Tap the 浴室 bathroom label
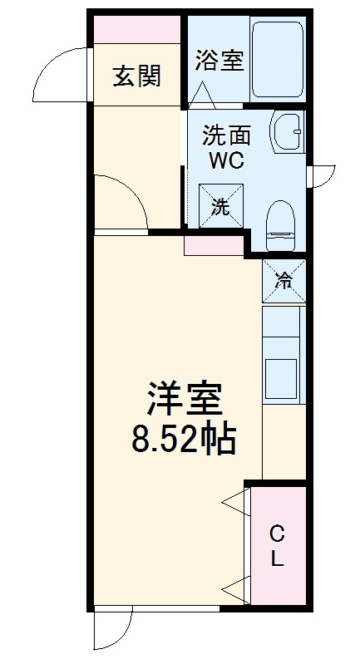click(x=219, y=61)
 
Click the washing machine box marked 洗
click(x=220, y=206)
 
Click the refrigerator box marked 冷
click(x=284, y=281)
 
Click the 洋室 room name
click(x=185, y=400)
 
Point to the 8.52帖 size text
click(x=185, y=438)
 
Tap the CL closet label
click(x=278, y=545)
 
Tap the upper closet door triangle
click(x=236, y=502)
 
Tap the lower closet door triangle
click(x=236, y=588)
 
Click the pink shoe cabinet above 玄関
click(x=137, y=29)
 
